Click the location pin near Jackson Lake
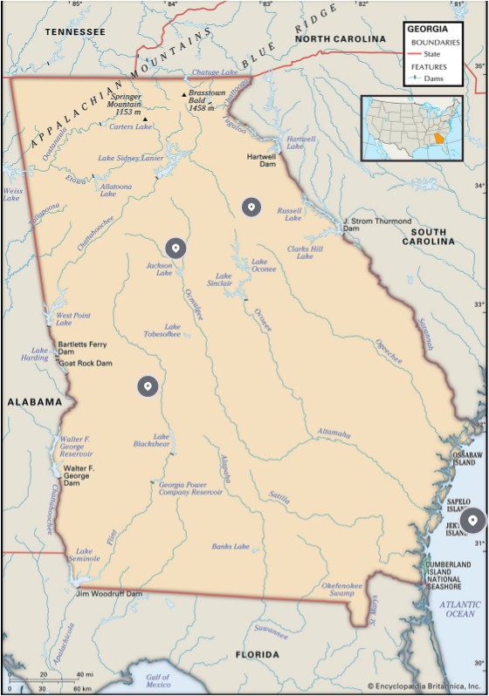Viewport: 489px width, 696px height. pyautogui.click(x=176, y=248)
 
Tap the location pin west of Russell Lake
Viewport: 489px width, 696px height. pyautogui.click(x=251, y=207)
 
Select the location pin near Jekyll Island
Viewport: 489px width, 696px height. pyautogui.click(x=472, y=521)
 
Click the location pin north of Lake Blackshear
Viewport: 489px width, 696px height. pyautogui.click(x=148, y=386)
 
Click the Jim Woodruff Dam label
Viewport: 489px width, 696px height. pyautogui.click(x=109, y=593)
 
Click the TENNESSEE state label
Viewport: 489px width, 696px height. pyautogui.click(x=75, y=32)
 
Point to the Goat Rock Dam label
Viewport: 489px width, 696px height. pyautogui.click(x=86, y=363)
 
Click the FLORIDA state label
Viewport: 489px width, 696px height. pyautogui.click(x=257, y=654)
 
